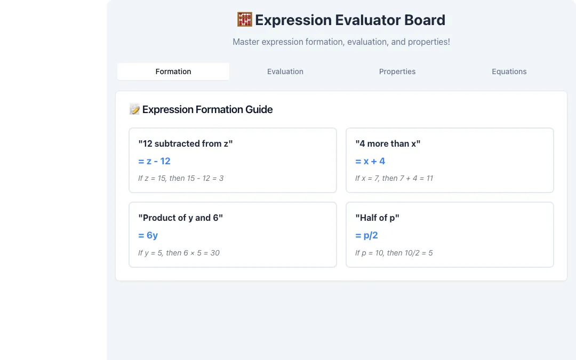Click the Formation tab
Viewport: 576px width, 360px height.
point(173,71)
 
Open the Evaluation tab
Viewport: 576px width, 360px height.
point(285,71)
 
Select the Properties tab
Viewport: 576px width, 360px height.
point(397,71)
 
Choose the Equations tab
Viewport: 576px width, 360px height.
point(509,71)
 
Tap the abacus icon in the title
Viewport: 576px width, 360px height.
point(245,20)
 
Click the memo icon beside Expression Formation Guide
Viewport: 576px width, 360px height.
point(134,109)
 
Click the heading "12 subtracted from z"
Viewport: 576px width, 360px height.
point(186,143)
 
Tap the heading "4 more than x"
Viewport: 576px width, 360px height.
point(388,143)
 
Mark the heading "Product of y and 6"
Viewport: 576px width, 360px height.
point(181,218)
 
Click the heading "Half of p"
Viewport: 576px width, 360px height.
point(377,218)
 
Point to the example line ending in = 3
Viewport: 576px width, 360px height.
point(181,178)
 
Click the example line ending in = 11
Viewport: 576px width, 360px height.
point(394,178)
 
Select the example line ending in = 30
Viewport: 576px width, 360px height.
point(179,253)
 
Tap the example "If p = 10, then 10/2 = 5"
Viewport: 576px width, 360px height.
point(394,253)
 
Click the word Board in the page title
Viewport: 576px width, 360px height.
point(425,20)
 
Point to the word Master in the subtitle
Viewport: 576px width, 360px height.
point(246,42)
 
